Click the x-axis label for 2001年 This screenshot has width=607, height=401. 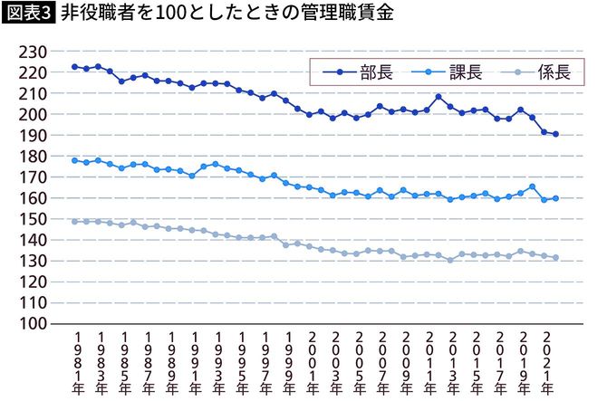click(x=315, y=363)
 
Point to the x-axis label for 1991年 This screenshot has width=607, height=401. click(x=196, y=363)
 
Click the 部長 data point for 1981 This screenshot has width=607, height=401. click(x=74, y=67)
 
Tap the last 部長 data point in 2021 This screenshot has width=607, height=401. click(x=555, y=134)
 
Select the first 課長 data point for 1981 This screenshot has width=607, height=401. click(x=74, y=160)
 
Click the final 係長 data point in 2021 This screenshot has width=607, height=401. click(x=555, y=257)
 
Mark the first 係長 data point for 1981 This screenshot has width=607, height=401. click(x=74, y=221)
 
